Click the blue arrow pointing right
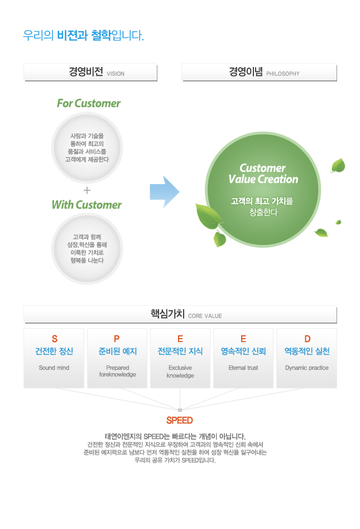point(165,191)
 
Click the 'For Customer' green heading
point(88,103)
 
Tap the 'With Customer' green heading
point(87,205)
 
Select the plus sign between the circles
point(87,190)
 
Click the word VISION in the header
point(116,74)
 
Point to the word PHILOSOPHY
point(283,74)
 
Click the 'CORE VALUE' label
point(205,316)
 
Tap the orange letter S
point(54,339)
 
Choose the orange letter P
point(117,339)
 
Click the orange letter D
point(307,339)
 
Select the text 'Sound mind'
point(54,368)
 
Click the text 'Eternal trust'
point(243,368)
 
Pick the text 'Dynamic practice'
point(306,368)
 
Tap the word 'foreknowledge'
point(118,374)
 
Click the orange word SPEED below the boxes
point(180,420)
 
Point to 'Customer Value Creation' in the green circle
point(263,174)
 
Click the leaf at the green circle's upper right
point(338,165)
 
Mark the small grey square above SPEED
point(180,410)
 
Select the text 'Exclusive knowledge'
point(180,372)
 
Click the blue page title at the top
point(83,35)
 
